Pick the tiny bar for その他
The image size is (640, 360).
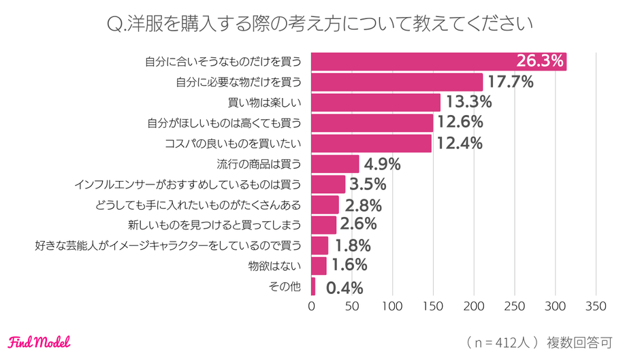pyautogui.click(x=313, y=287)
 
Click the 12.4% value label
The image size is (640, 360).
pyautogui.click(x=460, y=144)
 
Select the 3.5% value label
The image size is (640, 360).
pyautogui.click(x=368, y=184)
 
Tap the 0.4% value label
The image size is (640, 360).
pyautogui.click(x=345, y=287)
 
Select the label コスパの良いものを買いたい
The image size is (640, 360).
pyautogui.click(x=234, y=144)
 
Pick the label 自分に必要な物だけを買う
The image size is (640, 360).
pyautogui.click(x=238, y=82)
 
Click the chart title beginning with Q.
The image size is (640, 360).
pyautogui.click(x=319, y=24)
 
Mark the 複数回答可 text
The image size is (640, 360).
pyautogui.click(x=579, y=342)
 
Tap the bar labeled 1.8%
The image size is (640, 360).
pyautogui.click(x=319, y=246)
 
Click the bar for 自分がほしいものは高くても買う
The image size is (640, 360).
pyautogui.click(x=372, y=123)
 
